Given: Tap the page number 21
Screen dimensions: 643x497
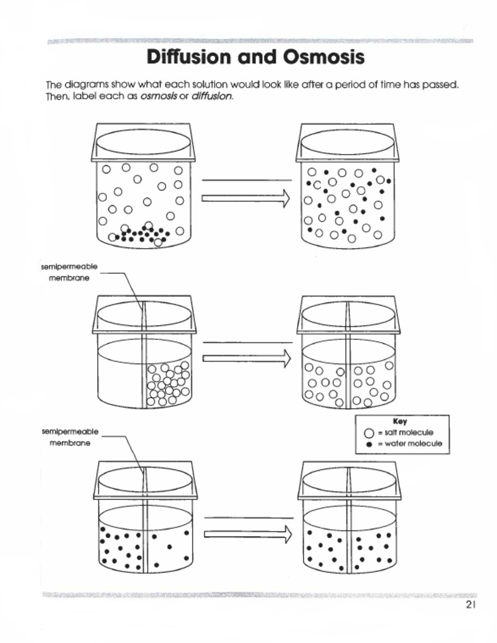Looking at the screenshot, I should (x=470, y=605).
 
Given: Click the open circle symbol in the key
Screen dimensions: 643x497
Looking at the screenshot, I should (x=369, y=433).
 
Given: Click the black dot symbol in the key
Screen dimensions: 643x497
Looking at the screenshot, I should (x=369, y=444).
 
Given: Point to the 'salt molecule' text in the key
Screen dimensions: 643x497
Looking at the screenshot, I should (x=408, y=433).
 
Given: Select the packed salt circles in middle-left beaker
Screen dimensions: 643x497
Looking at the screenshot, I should (x=168, y=385).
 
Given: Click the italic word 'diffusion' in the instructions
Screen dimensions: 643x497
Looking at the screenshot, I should (x=212, y=96).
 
